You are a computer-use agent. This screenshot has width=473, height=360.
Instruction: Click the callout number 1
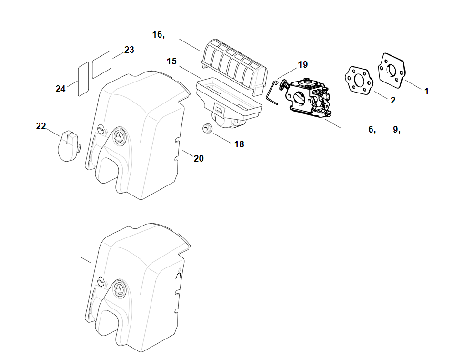coord(426,91)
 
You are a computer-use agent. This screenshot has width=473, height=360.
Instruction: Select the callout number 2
coord(393,100)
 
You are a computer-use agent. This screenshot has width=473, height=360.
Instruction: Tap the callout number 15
coord(172,61)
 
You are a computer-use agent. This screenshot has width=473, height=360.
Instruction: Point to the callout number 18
coord(239,144)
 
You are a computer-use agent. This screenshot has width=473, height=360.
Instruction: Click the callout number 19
coord(303,64)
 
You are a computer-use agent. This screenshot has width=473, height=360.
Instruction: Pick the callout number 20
coord(199,159)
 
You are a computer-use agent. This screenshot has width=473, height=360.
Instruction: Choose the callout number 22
coord(41,126)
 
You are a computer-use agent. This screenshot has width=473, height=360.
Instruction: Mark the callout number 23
coord(129,50)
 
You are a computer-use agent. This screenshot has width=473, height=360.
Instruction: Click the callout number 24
coord(60,89)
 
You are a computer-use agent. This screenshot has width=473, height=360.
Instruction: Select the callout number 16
coord(158,34)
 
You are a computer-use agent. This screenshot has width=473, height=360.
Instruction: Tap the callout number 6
coord(371,129)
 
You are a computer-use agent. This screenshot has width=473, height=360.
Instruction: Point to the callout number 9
coord(395,129)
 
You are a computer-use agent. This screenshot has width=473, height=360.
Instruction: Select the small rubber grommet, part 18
coord(207,128)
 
